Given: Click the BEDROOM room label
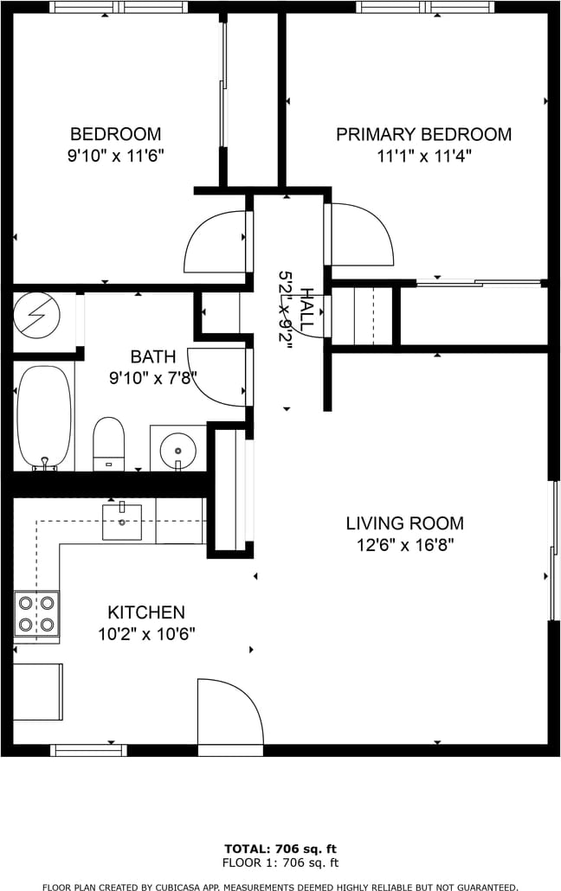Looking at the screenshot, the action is pos(115,134).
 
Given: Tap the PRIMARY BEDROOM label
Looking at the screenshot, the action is pos(424,135).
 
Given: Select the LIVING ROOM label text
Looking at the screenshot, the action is pos(405,523).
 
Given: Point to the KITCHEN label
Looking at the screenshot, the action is pos(146,612).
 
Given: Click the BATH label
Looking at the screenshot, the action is pos(153,357).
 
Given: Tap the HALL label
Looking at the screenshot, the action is pos(306,311).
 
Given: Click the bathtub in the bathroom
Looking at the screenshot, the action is pos(44,418).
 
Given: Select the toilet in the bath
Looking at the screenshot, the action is pos(108,444).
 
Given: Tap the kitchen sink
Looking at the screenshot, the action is pos(122,521).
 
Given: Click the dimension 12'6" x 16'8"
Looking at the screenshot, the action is pos(405,546).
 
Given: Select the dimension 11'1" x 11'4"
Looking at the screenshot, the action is pos(424,156).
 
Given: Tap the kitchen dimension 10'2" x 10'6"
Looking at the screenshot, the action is pos(147,634).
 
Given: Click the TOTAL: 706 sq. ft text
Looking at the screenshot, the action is pos(280,849).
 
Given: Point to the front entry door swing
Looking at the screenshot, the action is pos(230,711).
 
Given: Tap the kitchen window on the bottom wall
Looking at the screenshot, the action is pos(89,750).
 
